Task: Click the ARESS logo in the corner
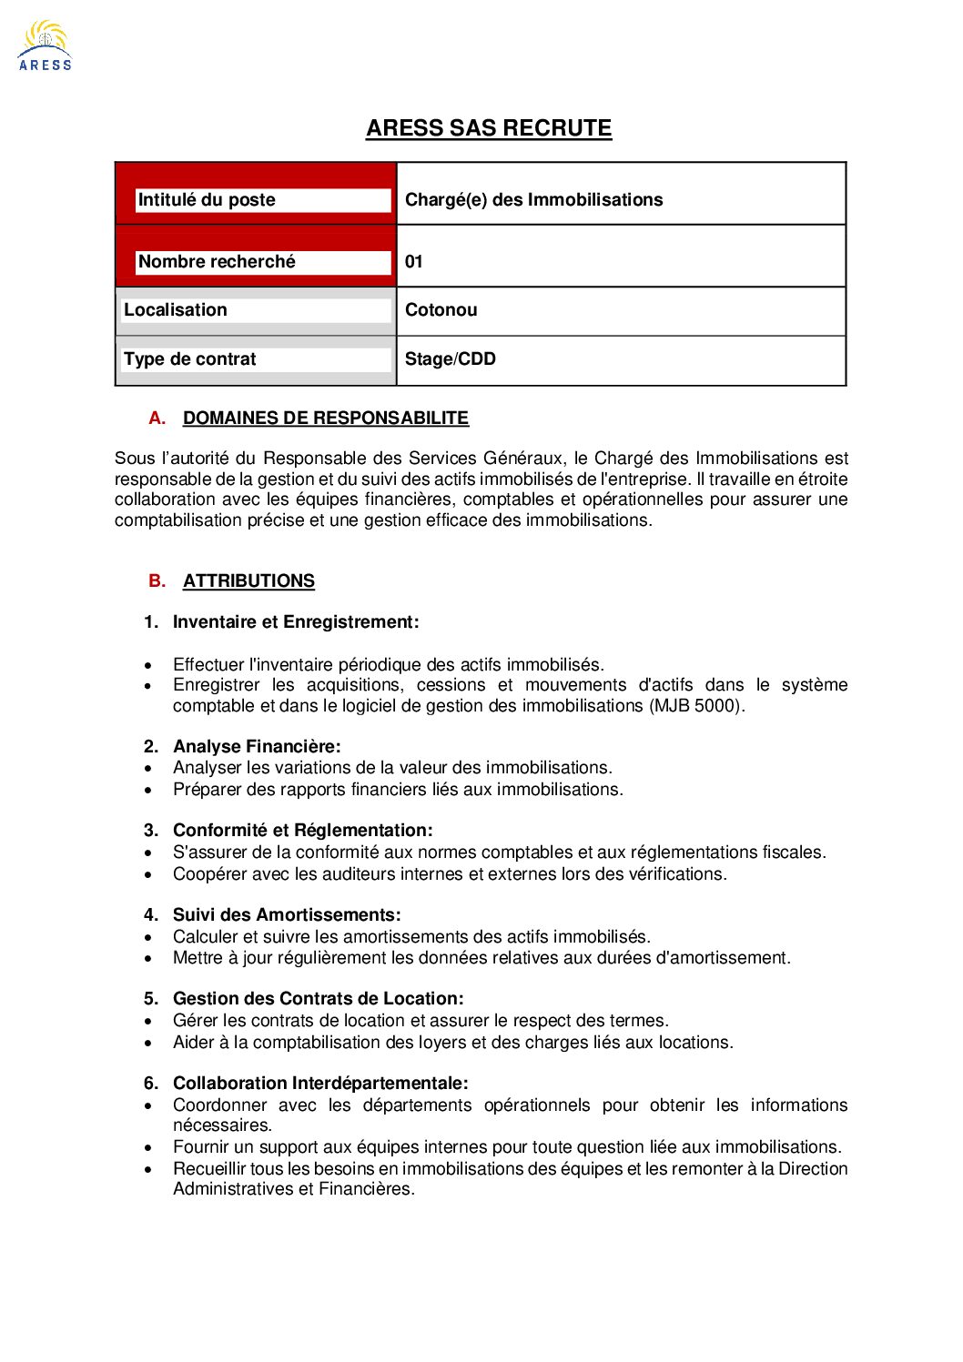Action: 45,46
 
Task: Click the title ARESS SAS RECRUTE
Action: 489,128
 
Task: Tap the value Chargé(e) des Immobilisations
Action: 533,200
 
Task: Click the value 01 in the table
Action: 414,262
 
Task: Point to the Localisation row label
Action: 176,310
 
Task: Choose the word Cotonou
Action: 441,310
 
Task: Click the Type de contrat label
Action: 189,359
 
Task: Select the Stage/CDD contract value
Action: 451,359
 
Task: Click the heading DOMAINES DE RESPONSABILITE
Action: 325,419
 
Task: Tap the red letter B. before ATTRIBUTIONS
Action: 157,581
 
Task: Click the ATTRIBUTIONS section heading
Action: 248,581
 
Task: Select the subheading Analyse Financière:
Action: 257,747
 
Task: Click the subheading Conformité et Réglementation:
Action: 302,831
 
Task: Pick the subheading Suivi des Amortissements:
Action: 287,915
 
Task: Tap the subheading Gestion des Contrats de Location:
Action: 318,999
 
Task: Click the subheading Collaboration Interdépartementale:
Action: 320,1084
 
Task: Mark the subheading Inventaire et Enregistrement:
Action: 296,622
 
